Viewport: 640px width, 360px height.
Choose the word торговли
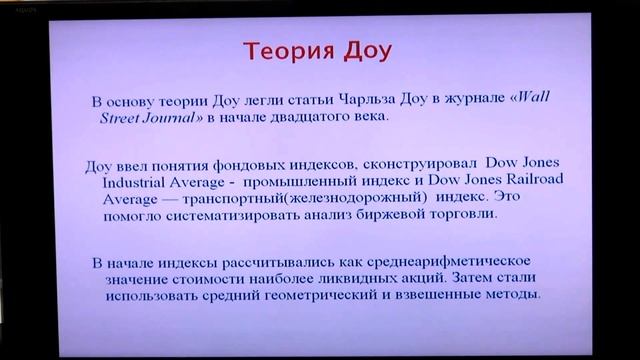point(490,215)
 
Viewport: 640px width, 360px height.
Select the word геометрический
point(318,297)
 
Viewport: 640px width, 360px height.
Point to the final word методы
point(510,297)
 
